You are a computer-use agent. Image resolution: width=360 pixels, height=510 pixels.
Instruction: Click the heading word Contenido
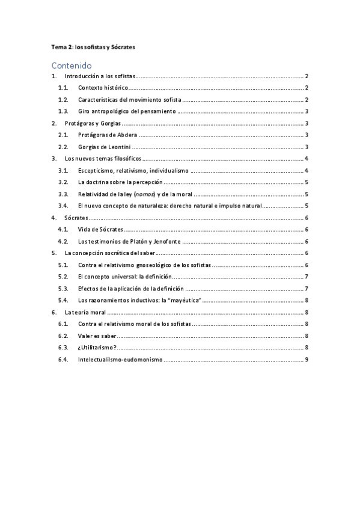coord(72,65)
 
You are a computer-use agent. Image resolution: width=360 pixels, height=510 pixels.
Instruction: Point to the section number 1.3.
coord(63,111)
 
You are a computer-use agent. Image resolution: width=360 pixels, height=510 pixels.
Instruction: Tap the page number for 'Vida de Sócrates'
coord(307,229)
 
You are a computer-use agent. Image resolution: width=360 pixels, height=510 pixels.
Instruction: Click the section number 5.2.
coord(63,276)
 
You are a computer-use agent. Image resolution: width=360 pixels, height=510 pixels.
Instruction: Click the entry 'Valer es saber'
coord(97,336)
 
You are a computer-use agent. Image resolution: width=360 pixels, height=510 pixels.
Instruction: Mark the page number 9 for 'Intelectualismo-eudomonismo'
coord(307,360)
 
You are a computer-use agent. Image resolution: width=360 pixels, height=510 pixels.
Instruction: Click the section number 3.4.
coord(63,206)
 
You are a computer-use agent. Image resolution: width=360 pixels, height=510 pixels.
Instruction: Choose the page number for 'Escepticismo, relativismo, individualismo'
coord(307,170)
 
